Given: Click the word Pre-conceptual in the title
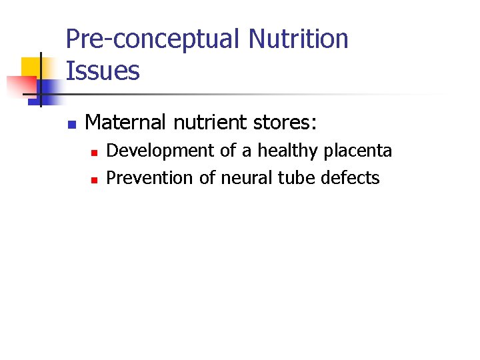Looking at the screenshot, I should point(153,40).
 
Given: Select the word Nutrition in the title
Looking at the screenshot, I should point(298,39).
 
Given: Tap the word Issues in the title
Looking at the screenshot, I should point(103,70).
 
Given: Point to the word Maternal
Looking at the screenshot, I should point(126,122).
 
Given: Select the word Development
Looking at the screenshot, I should point(161,151).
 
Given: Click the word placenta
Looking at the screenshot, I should point(358,151).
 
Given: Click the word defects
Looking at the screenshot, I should point(350,178).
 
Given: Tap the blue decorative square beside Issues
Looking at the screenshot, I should point(50,89).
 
